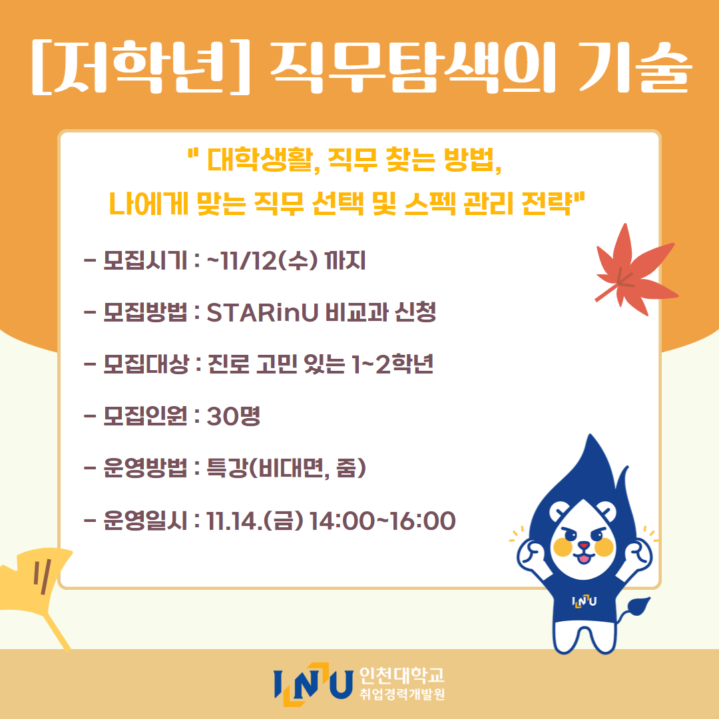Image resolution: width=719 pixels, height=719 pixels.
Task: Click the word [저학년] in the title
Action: (x=140, y=67)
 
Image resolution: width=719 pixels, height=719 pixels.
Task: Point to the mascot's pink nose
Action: (x=583, y=546)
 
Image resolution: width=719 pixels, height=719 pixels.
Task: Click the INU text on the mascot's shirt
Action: (x=585, y=600)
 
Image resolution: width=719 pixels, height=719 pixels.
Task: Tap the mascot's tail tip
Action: (x=639, y=605)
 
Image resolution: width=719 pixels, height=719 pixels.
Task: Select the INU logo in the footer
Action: (x=313, y=684)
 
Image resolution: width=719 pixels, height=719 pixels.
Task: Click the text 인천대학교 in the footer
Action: (x=401, y=674)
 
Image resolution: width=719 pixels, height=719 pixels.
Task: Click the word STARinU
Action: (x=262, y=312)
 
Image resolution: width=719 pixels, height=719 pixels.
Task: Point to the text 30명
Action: (x=234, y=416)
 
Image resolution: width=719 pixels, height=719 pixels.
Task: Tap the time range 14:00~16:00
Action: (x=382, y=521)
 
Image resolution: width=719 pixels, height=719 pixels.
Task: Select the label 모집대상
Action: (x=146, y=364)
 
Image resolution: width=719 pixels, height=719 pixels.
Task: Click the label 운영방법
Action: (x=145, y=468)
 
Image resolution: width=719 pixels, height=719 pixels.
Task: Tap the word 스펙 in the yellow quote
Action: (x=429, y=203)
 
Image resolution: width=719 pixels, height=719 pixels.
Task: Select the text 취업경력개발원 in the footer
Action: (x=402, y=694)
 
